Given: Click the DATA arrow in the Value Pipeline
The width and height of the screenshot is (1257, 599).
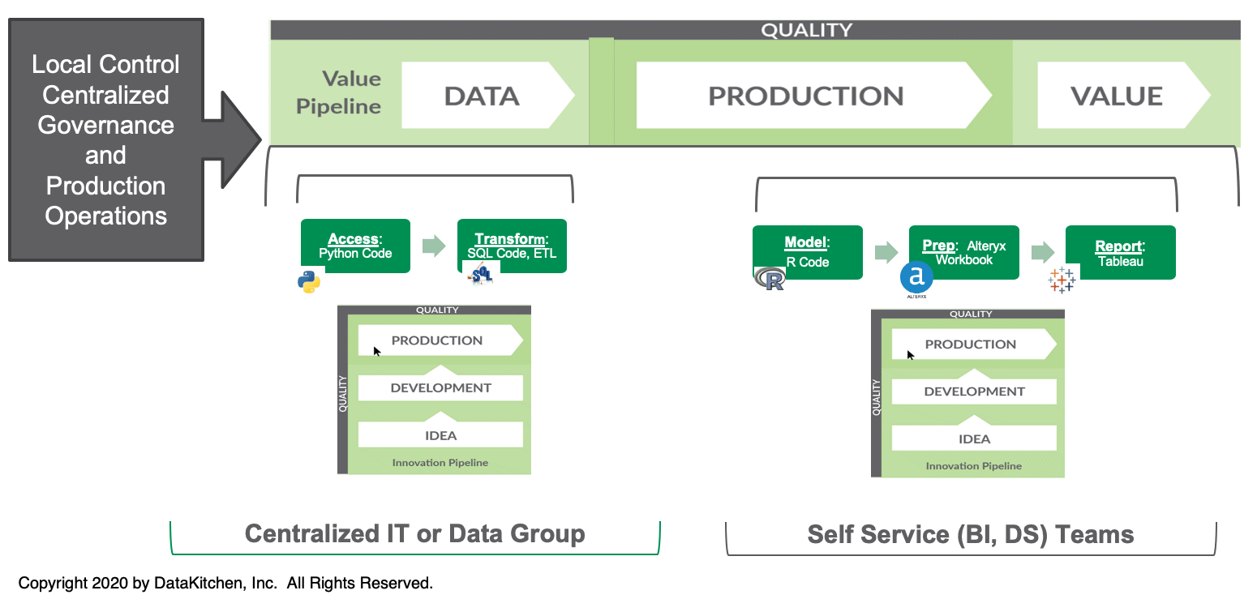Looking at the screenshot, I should coord(482,96).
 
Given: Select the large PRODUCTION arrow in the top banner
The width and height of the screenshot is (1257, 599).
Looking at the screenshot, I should coord(806,96).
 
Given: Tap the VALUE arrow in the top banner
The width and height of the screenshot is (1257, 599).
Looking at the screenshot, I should coord(1117,96).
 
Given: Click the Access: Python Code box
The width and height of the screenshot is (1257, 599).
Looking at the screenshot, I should coord(355,246).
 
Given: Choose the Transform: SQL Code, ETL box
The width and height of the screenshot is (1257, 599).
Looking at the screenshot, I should coord(512,246).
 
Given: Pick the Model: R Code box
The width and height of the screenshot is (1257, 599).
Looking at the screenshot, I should coord(807,252).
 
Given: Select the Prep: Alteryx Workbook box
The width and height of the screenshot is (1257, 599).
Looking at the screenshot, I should coord(963,252).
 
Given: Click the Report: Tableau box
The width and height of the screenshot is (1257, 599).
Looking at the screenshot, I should coord(1120,252).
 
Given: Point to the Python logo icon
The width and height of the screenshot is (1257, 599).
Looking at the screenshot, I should coord(309,282).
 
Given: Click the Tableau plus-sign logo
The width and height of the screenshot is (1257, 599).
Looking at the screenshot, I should coord(1062,280).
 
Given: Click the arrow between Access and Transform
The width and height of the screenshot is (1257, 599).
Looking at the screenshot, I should coord(435,246).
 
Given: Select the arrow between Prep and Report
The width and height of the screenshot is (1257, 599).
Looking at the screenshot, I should coord(1043,252).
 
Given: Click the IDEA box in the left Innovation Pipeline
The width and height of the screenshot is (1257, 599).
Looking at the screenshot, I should coord(440,435).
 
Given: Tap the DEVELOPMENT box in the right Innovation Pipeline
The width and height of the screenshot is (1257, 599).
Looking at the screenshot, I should coord(974,391).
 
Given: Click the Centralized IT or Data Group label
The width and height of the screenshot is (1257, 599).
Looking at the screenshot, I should coord(414,534).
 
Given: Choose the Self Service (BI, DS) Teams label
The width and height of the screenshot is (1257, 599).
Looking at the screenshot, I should coord(971,534).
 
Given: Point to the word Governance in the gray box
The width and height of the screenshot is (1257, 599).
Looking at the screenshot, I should coord(106,125).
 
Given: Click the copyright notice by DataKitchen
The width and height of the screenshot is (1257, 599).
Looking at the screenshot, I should coord(225,583).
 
